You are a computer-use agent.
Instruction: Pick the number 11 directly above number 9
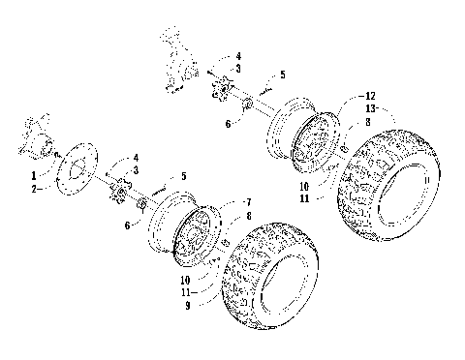point(200,289)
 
